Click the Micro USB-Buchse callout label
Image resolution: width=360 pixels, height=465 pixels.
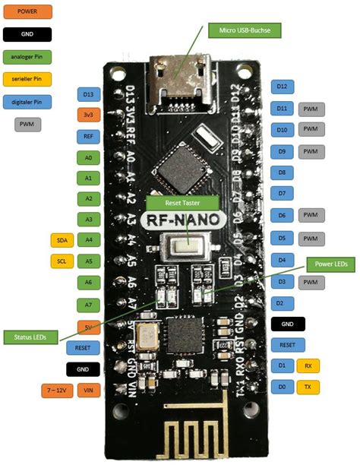(x=245, y=31)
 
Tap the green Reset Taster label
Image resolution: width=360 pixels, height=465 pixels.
(x=182, y=204)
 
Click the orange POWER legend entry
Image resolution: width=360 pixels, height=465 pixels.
(x=27, y=12)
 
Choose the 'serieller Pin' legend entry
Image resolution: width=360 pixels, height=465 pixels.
(x=27, y=77)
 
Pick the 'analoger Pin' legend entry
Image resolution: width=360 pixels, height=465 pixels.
(x=27, y=55)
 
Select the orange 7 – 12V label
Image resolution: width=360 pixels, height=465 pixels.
(x=57, y=391)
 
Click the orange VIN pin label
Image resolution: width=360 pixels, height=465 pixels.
(x=89, y=391)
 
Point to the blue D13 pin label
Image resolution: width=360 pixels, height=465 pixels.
(x=89, y=94)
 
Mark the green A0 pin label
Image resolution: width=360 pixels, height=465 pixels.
(x=89, y=158)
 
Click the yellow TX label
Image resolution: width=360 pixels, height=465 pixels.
(x=308, y=387)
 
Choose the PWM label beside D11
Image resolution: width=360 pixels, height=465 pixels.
(x=310, y=109)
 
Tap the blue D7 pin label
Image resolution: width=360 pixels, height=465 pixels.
(x=282, y=194)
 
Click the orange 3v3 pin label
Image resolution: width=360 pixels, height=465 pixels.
(x=89, y=115)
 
